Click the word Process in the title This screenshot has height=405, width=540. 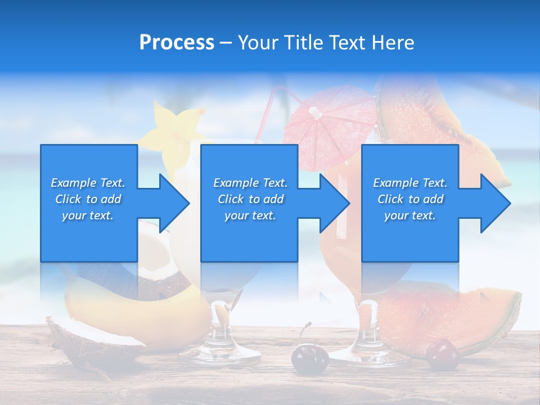click(x=177, y=43)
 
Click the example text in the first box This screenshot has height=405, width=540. click(x=88, y=199)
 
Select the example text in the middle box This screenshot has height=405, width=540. click(x=250, y=199)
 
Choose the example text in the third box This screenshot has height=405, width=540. click(x=410, y=199)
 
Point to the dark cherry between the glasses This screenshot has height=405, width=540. click(x=309, y=358)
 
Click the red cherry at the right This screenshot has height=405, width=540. click(x=442, y=355)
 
